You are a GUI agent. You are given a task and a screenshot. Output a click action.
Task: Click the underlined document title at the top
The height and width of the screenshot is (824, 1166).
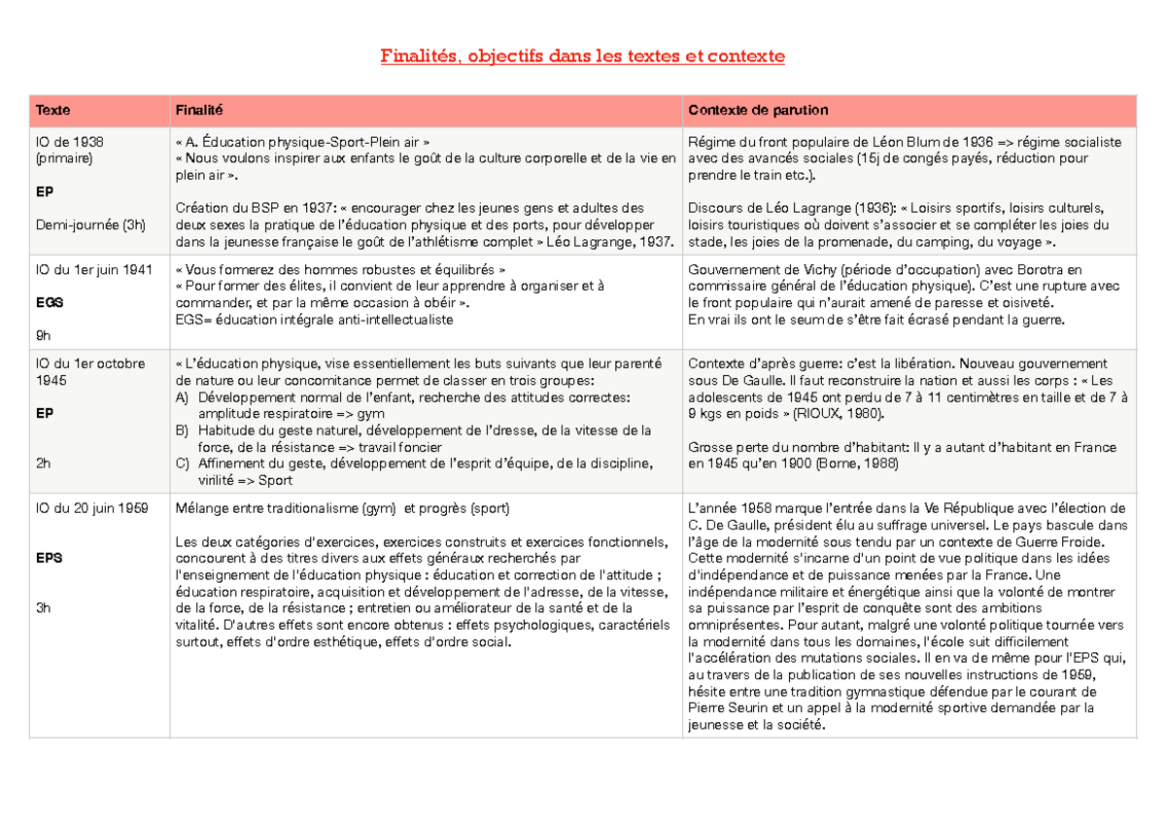click(x=582, y=56)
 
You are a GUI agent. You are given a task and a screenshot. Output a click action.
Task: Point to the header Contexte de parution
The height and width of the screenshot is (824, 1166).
click(x=757, y=111)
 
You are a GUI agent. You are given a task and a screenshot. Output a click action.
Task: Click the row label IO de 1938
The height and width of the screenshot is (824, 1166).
click(x=69, y=142)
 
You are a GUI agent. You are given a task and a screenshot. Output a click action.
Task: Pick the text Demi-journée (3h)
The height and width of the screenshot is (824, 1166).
click(x=90, y=225)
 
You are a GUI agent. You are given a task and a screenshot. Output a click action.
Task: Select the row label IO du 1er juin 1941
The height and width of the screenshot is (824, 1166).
click(x=93, y=269)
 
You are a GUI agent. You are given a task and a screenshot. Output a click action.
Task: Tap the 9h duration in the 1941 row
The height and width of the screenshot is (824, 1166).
click(x=43, y=334)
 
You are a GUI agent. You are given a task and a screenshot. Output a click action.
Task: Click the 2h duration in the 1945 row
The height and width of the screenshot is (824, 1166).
click(x=43, y=463)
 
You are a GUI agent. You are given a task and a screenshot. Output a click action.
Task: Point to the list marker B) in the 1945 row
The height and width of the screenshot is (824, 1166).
click(x=183, y=430)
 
